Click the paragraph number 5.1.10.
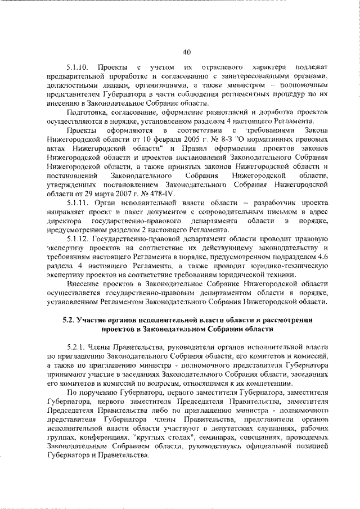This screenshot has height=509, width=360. [78, 68]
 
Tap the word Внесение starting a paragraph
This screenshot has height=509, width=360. [84, 285]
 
